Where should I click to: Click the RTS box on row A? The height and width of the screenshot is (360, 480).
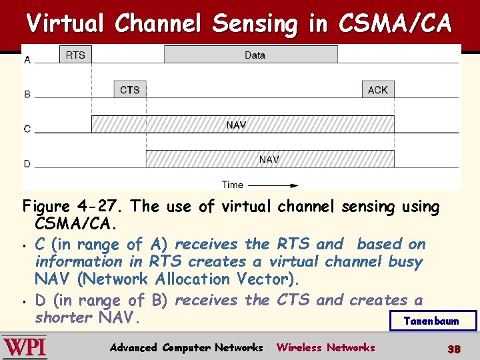75,55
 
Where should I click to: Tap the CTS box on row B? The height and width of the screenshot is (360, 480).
130,89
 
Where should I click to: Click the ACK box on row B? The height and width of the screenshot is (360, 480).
377,89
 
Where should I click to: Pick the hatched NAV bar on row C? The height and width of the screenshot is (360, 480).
242,124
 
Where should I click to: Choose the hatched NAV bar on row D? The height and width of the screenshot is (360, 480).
269,159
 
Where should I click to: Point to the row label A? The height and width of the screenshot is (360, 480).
27,60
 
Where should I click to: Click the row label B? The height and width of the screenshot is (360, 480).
27,95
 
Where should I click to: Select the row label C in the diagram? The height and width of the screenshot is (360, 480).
27,129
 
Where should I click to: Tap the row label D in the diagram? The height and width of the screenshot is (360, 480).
27,164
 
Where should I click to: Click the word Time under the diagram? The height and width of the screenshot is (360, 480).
233,185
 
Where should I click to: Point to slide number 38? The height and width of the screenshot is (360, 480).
454,349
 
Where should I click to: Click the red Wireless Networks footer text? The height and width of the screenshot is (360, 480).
325,347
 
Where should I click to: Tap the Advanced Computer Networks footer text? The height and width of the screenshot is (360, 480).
186,347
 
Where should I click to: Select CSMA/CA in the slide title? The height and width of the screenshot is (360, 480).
395,24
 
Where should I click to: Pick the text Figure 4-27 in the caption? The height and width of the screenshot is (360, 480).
61,207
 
